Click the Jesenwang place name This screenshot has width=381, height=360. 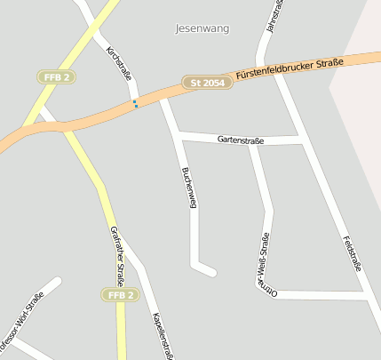tap(202, 28)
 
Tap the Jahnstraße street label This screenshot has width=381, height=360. tap(278, 19)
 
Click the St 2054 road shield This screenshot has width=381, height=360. tap(208, 83)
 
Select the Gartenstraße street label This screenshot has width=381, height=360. tap(242, 140)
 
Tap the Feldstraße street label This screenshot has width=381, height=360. tap(352, 252)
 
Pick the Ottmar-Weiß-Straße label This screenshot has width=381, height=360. tap(264, 262)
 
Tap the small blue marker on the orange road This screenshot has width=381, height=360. tap(135, 104)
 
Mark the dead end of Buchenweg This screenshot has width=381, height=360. tap(211, 271)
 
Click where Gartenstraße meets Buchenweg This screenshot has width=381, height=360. tap(177, 136)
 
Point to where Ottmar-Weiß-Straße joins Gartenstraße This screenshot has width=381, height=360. tap(253, 142)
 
